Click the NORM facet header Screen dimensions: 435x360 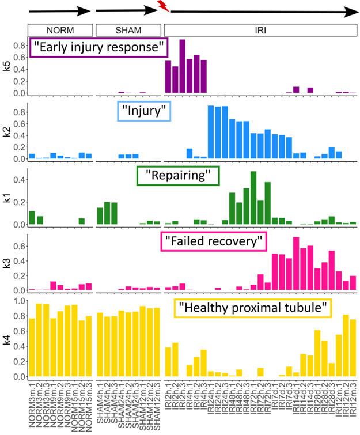click(60, 29)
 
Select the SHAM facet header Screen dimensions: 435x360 click(128, 29)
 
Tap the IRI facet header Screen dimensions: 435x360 click(260, 29)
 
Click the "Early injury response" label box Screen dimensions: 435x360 click(97, 48)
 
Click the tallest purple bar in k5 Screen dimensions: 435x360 click(182, 66)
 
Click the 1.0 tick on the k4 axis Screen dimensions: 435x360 click(21, 301)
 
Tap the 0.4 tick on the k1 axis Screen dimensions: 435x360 click(21, 180)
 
